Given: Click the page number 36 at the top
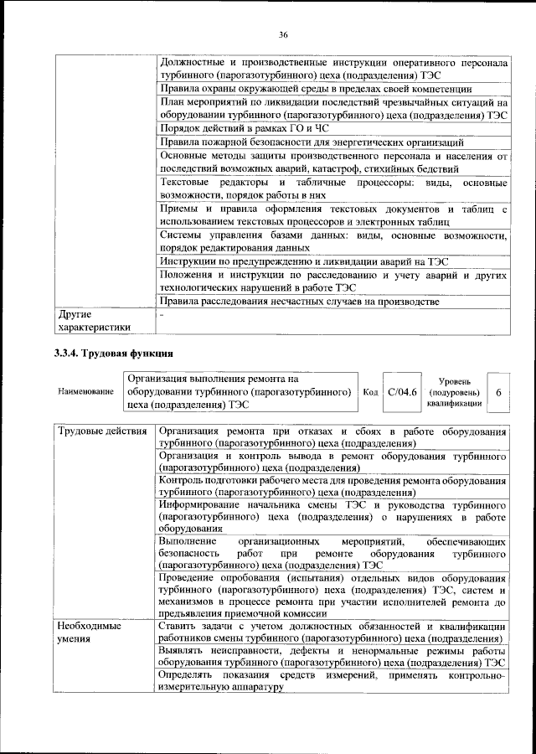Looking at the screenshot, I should pos(283,34).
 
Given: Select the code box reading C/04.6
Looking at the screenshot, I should pos(402,392).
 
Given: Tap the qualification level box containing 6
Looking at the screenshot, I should pos(499,392).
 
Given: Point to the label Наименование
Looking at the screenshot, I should pos(85,392).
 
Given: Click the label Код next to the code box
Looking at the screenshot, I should pos(370,392).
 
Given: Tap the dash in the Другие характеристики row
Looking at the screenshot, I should pos(162,315).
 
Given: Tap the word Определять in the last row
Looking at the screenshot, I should pos(188,674).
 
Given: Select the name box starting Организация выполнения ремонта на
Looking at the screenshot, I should pos(238,392).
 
